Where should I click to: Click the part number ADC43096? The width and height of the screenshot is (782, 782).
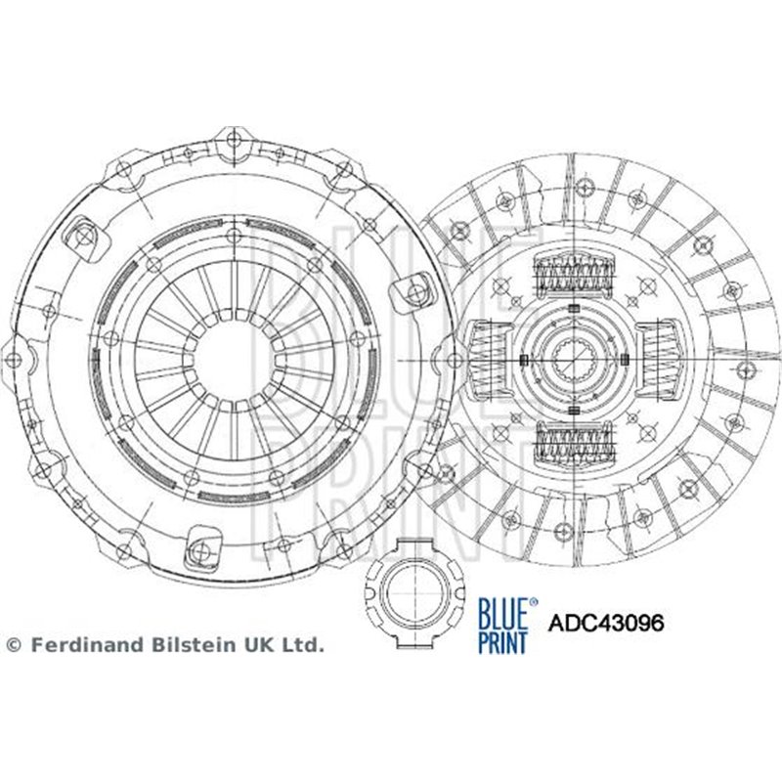click(606, 621)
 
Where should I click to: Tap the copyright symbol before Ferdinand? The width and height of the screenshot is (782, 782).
click(13, 645)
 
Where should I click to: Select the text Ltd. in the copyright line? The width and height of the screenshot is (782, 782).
click(305, 645)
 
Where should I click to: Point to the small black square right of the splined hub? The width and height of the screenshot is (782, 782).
click(619, 360)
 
